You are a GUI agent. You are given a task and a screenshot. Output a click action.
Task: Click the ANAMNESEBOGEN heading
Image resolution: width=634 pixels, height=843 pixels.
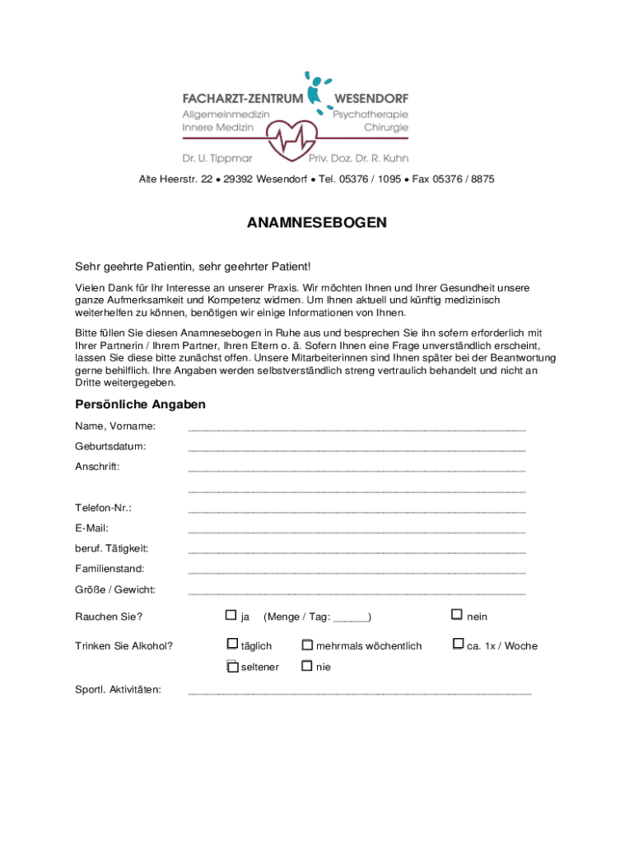317,223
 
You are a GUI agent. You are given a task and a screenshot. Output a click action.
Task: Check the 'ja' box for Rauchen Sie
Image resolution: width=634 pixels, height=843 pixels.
231,615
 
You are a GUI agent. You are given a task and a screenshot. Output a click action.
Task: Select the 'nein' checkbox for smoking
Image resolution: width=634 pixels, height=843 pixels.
456,615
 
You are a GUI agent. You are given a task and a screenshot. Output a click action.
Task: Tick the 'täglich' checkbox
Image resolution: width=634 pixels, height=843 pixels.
231,645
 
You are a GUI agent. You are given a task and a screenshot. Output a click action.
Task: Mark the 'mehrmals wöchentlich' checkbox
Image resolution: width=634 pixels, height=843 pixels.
307,645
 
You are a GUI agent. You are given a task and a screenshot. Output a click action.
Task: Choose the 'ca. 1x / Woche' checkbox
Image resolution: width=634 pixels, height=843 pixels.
458,645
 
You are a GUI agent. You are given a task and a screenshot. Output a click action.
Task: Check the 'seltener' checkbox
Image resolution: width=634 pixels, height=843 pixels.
231,666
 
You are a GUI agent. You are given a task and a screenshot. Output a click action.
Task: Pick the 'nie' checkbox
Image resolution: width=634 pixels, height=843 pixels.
307,666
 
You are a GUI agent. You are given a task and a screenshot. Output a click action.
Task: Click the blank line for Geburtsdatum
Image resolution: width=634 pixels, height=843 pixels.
357,448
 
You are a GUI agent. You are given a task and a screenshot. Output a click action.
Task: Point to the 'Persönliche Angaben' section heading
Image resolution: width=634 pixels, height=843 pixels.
140,404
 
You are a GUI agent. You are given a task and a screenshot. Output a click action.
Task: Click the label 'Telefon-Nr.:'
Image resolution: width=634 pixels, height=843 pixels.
103,508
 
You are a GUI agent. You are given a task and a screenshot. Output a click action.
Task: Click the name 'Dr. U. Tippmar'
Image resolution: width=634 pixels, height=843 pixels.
217,157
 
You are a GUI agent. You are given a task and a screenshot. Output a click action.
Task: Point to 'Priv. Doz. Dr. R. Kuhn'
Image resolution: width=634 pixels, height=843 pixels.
358,157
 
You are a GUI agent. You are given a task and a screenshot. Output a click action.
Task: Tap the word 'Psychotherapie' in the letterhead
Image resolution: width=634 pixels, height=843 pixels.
370,114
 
